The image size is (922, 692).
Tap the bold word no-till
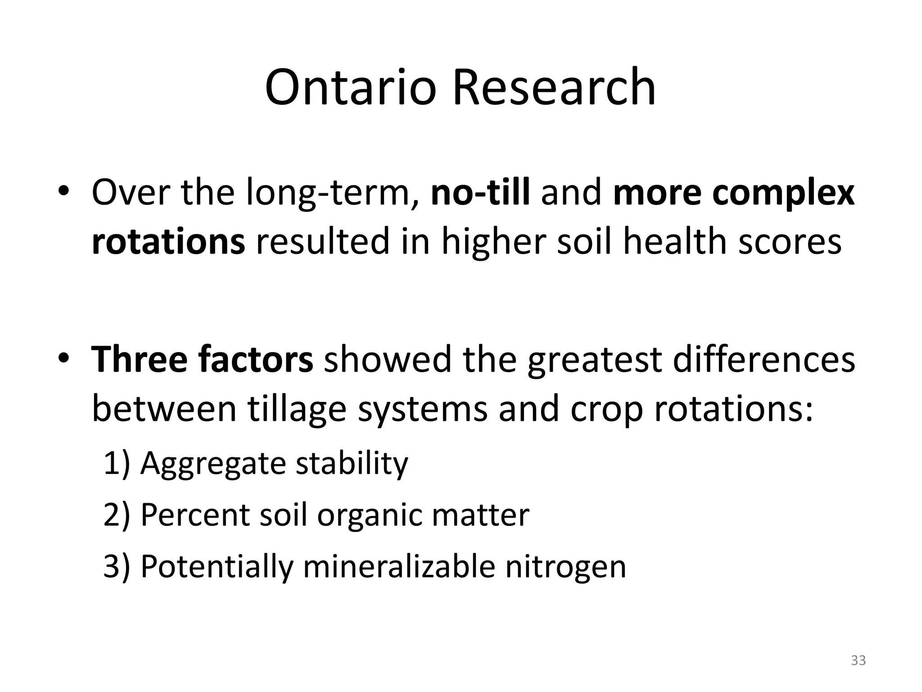(480, 192)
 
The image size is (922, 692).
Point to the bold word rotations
(168, 241)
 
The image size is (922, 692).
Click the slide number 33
(858, 660)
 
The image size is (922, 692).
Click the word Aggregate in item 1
(213, 464)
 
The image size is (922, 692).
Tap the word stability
(352, 464)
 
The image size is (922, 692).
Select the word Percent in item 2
(195, 514)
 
